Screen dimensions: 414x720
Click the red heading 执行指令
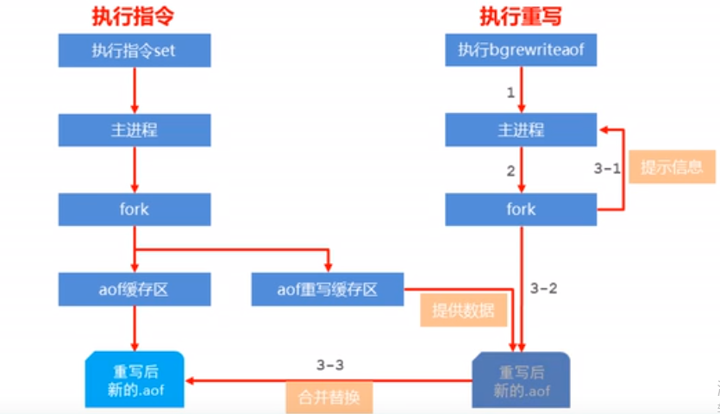click(x=134, y=16)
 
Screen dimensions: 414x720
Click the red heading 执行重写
click(x=521, y=16)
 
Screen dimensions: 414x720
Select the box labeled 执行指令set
click(x=134, y=51)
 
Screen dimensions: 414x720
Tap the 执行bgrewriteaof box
click(x=521, y=51)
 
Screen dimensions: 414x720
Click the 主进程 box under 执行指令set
click(x=134, y=130)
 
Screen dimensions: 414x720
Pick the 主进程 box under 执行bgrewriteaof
click(x=521, y=130)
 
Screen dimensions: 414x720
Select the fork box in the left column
click(x=134, y=210)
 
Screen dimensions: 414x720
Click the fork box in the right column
click(x=521, y=210)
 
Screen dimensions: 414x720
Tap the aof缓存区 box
click(x=134, y=289)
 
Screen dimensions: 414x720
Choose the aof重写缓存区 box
click(x=328, y=289)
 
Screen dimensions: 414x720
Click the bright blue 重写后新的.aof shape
click(x=134, y=379)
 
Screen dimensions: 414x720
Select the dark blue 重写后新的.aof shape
click(x=521, y=379)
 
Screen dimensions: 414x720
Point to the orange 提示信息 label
click(x=672, y=166)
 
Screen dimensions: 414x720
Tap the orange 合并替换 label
click(x=329, y=398)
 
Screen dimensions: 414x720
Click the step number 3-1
click(x=607, y=169)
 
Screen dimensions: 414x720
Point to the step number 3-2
click(x=542, y=288)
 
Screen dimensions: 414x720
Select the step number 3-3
click(x=329, y=365)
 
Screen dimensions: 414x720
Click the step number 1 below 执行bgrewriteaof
click(x=510, y=91)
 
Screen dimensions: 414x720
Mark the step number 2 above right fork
click(x=510, y=171)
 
